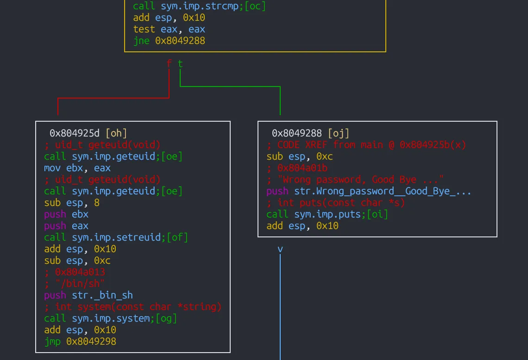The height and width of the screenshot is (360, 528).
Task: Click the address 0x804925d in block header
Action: [x=75, y=133]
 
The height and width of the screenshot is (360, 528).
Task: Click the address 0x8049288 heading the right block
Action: [x=297, y=133]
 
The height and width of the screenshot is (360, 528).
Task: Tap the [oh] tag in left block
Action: [x=116, y=133]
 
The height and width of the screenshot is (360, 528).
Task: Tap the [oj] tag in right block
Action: [x=338, y=133]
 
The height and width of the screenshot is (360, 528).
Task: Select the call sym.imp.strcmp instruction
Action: [x=199, y=6]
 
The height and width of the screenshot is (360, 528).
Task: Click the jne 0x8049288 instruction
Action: [x=169, y=41]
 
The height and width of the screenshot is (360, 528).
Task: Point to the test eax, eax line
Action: [x=169, y=29]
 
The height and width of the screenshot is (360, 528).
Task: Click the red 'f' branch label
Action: [x=169, y=64]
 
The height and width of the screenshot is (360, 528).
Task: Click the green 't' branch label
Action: [x=180, y=64]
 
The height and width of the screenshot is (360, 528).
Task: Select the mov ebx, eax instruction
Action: [x=77, y=168]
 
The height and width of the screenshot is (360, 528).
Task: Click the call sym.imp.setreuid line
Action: [x=116, y=237]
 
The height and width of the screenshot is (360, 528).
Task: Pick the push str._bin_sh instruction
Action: [x=88, y=295]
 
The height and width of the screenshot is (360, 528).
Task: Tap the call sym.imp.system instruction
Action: [x=110, y=318]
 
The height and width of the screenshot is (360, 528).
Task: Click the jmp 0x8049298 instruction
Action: [x=80, y=341]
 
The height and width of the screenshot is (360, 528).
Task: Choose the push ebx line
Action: [x=66, y=214]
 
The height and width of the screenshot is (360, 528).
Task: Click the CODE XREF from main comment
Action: [x=366, y=145]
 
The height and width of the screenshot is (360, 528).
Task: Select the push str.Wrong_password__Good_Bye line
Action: [x=369, y=191]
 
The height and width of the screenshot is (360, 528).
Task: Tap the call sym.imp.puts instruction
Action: [x=327, y=214]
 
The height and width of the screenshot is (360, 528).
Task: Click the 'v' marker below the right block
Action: [x=280, y=249]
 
